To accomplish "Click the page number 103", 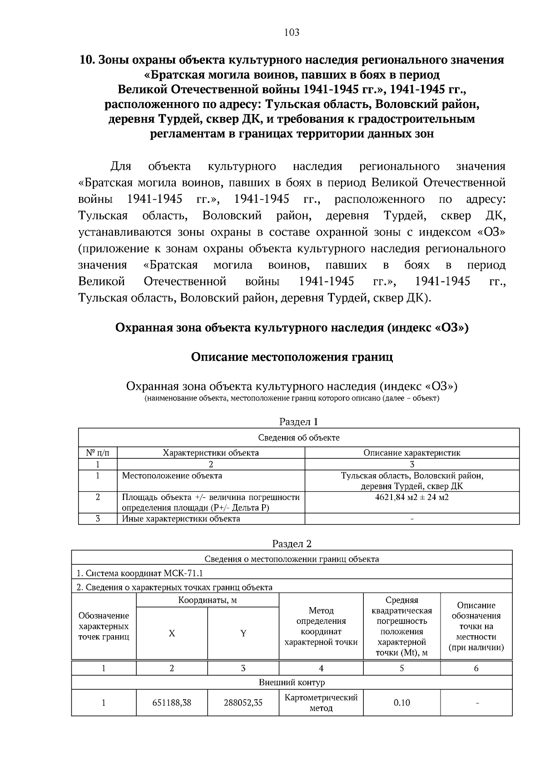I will pos(292,32).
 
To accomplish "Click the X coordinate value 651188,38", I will pos(172,703).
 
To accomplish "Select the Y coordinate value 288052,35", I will pos(243,703).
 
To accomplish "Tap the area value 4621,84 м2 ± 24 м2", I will pos(411,497).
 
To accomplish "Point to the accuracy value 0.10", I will pos(401,703).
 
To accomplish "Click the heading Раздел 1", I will pos(298,422).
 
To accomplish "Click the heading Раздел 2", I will pos(292,544).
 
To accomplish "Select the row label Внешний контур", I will pos(292,682).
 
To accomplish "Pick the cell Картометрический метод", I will pos(321,702).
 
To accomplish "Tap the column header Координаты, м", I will pos(208,600).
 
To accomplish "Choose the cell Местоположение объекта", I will pos(172,476).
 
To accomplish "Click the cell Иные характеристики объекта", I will pos(181,519).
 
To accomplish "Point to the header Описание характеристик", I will pos(411,452).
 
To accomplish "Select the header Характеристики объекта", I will pos(211,452).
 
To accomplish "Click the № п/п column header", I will pos(98,452).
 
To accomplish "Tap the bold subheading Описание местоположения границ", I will pos(292,357).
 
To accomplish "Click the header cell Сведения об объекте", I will pos(298,438).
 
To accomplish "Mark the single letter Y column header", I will pos(243,633).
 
